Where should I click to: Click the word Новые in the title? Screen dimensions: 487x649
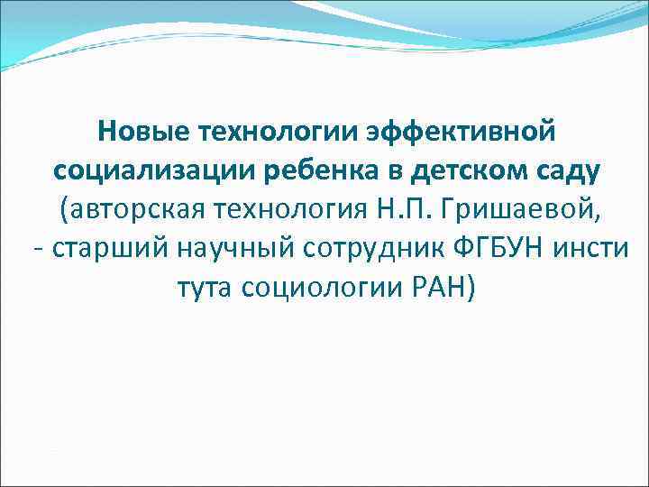pyautogui.click(x=142, y=133)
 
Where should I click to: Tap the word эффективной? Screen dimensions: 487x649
pyautogui.click(x=457, y=133)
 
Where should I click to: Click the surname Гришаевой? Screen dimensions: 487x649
pyautogui.click(x=524, y=210)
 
